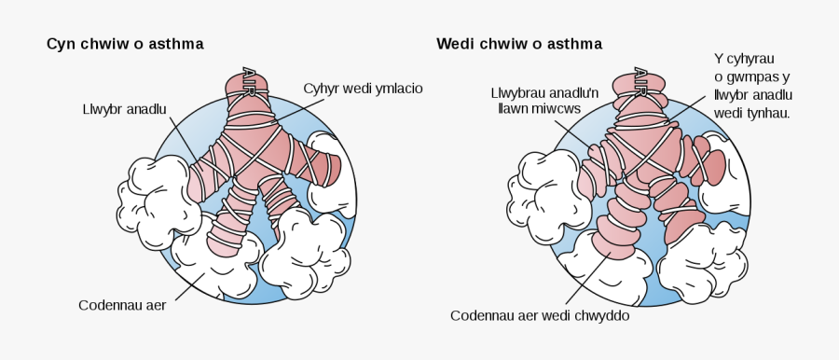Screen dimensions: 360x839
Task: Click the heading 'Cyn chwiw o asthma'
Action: (x=125, y=44)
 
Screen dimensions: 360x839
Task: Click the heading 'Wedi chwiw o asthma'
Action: (x=519, y=44)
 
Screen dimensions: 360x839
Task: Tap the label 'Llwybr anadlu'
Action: (x=124, y=109)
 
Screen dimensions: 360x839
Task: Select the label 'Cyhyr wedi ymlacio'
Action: (x=364, y=89)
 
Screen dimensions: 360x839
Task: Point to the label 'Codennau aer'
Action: (x=122, y=305)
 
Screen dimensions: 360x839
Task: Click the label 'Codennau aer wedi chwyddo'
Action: (x=541, y=315)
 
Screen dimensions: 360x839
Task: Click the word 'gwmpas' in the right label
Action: (x=747, y=77)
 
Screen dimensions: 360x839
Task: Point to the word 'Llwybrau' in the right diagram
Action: (x=518, y=93)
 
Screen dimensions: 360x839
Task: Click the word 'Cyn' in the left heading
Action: (x=61, y=44)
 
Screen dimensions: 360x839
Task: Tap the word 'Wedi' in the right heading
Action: (x=455, y=44)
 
